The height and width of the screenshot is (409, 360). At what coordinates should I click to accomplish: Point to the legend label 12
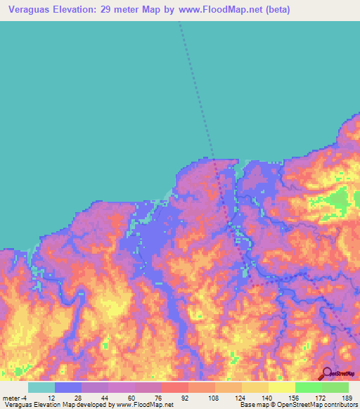pyautogui.click(x=51, y=397)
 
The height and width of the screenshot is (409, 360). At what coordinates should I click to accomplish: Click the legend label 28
pyautogui.click(x=78, y=397)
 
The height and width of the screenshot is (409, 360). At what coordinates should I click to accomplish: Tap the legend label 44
pyautogui.click(x=105, y=397)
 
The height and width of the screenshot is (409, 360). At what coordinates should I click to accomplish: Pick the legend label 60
pyautogui.click(x=132, y=397)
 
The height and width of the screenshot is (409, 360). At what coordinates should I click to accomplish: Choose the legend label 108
pyautogui.click(x=213, y=397)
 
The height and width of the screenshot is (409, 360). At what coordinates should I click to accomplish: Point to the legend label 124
pyautogui.click(x=240, y=397)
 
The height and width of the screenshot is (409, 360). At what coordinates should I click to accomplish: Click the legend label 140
pyautogui.click(x=267, y=397)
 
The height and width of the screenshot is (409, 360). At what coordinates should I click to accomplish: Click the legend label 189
pyautogui.click(x=346, y=397)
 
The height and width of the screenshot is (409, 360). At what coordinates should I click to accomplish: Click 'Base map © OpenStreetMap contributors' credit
pyautogui.click(x=297, y=405)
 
